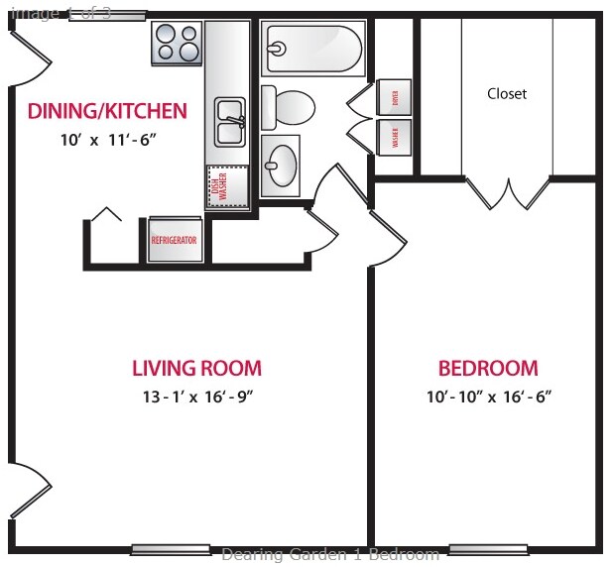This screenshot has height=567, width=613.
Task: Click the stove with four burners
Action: point(178,43)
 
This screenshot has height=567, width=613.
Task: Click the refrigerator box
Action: point(174,240)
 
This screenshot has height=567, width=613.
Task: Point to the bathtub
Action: point(312,49)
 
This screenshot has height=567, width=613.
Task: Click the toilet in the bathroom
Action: point(289,105)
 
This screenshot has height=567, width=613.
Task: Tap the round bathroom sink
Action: point(282,163)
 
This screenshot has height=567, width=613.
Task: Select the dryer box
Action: point(395,97)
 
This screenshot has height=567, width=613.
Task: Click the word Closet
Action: point(507,94)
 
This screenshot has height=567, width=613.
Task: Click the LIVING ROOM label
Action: point(196,369)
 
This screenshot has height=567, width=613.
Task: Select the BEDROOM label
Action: point(488,369)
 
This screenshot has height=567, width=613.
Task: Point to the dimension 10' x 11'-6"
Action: point(107,140)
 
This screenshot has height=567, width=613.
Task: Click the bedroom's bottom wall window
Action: point(486,549)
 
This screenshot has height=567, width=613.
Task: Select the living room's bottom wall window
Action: point(170,549)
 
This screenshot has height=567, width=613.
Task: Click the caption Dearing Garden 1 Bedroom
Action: point(329,555)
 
